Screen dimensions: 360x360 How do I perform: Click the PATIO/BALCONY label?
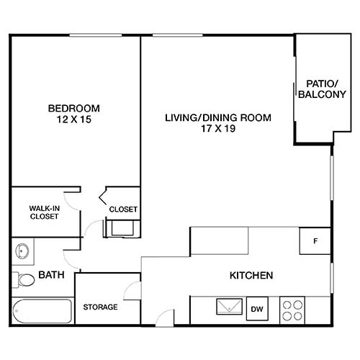(316, 89)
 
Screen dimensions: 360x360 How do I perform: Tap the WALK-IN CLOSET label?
(44, 212)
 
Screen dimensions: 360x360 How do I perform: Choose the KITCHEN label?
(250, 275)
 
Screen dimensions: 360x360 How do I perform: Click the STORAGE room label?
(100, 307)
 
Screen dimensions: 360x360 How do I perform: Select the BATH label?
(51, 275)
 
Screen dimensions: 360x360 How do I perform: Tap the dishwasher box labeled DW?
(256, 310)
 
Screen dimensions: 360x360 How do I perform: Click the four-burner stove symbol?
(292, 310)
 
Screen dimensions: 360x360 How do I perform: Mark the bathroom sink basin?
(22, 252)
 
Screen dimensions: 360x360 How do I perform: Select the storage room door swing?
(132, 292)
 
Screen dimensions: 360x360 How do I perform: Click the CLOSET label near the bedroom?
(123, 210)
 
